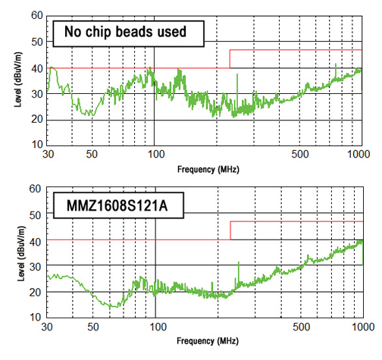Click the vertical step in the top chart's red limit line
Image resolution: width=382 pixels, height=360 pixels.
coord(230,59)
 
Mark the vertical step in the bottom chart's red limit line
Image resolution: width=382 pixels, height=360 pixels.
coord(230,230)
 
